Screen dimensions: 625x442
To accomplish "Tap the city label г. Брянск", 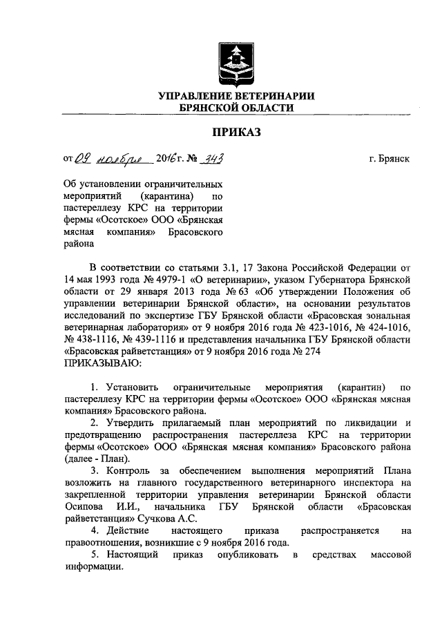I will [389, 159].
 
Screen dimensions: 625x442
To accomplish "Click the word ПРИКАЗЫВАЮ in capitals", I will [103, 362].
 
